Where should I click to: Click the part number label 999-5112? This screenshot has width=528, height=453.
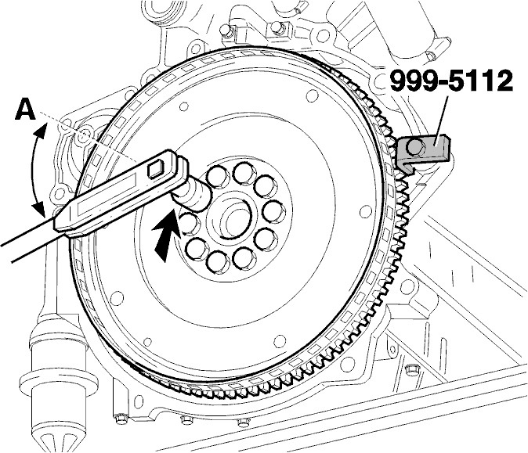[451, 81]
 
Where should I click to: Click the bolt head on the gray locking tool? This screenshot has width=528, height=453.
[414, 146]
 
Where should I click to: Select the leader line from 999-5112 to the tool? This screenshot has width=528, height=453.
[441, 120]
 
